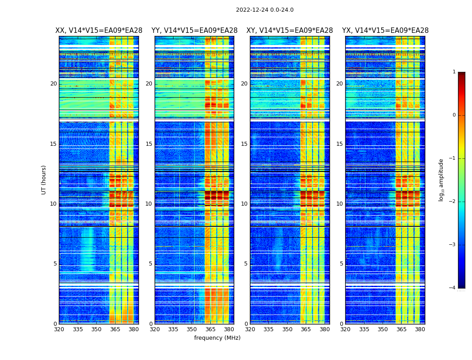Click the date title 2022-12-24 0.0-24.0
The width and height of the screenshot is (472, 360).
tap(264, 10)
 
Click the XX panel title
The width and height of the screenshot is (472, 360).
tap(98, 31)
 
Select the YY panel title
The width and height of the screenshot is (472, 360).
tap(194, 31)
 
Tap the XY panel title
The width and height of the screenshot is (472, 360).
tap(289, 31)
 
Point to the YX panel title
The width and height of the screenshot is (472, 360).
tap(385, 31)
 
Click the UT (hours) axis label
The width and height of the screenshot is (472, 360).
tap(44, 180)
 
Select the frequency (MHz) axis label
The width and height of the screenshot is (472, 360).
tap(217, 338)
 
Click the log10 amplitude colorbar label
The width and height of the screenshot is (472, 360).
tap(441, 180)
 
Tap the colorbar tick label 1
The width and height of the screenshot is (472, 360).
tap(454, 72)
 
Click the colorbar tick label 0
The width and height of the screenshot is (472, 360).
tap(454, 115)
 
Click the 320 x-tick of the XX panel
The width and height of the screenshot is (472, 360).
tap(59, 329)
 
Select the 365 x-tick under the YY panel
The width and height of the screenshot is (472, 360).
tap(210, 329)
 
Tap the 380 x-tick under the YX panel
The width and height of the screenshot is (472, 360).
tap(420, 329)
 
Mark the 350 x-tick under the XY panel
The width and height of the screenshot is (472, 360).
tap(287, 329)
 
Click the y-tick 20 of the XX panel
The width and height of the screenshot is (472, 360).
tap(53, 84)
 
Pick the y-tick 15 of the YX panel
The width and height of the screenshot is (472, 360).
tap(340, 144)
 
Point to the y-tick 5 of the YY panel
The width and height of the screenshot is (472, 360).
tap(151, 264)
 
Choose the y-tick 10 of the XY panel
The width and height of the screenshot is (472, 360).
tap(244, 204)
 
